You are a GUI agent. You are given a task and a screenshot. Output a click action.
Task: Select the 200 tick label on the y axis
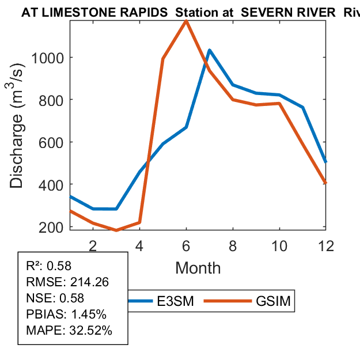(x=56, y=227)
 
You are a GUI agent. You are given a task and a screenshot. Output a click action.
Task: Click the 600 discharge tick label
(x=56, y=142)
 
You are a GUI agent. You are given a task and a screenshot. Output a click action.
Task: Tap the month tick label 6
(x=186, y=245)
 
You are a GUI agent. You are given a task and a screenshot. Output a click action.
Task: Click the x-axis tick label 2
(x=93, y=245)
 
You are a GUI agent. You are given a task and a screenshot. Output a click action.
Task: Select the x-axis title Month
(x=198, y=267)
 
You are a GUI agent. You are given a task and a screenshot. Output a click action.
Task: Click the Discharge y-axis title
(x=18, y=142)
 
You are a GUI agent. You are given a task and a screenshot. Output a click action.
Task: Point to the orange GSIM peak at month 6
(x=186, y=21)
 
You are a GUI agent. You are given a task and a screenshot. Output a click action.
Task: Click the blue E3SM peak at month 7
(x=209, y=50)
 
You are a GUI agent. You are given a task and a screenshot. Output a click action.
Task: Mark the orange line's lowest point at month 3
(x=116, y=230)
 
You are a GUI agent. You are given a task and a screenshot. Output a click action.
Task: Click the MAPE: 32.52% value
(x=69, y=331)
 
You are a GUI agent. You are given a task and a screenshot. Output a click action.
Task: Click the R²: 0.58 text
(x=48, y=266)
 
